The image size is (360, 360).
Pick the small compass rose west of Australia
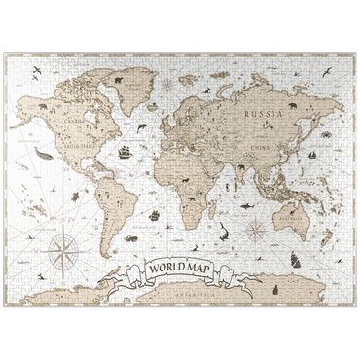[256, 231]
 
